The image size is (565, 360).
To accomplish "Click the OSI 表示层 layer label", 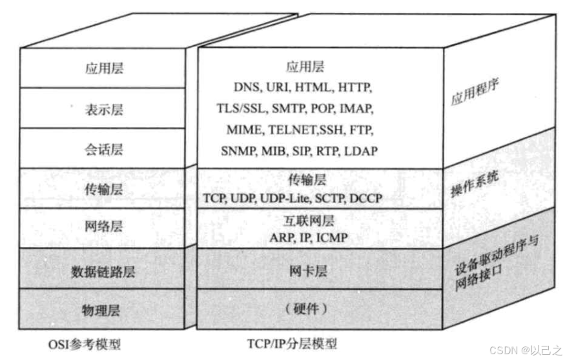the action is point(104,109).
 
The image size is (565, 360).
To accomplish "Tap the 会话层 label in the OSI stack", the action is point(104,149).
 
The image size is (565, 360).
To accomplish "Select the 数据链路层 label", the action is point(103,272).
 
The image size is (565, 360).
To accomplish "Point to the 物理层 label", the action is point(103,310).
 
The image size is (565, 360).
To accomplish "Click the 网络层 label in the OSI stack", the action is point(104,226).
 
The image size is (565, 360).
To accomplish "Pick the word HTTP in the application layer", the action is point(356,86).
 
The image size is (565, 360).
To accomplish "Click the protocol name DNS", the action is point(245,86).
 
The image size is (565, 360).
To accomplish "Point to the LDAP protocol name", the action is point(362,150).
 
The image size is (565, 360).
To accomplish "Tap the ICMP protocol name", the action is point(333,238).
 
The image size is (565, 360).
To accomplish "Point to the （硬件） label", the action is point(305,310).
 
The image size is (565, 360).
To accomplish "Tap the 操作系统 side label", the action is point(475,185).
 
